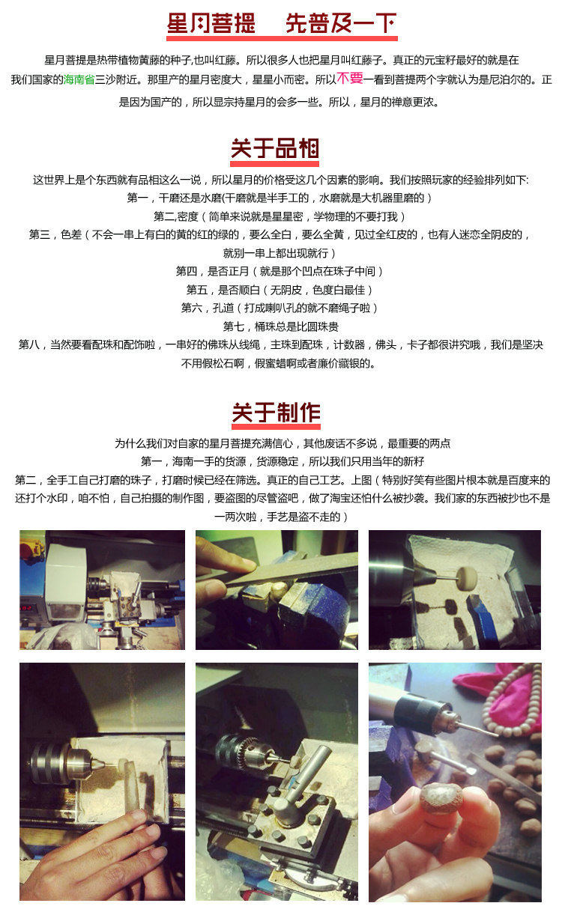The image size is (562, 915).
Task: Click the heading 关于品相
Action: (275, 148)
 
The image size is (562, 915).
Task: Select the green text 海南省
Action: (79, 79)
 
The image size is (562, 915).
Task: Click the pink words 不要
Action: (350, 78)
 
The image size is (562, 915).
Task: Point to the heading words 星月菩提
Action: (211, 23)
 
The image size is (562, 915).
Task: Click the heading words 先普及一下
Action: (341, 23)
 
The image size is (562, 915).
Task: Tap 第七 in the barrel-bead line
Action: (233, 326)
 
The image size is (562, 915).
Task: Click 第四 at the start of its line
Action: (187, 271)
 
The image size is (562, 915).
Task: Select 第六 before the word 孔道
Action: (192, 308)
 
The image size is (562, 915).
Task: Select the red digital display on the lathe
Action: (27, 608)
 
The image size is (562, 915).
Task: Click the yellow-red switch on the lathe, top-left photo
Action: (33, 548)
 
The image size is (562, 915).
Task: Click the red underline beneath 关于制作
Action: (276, 427)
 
